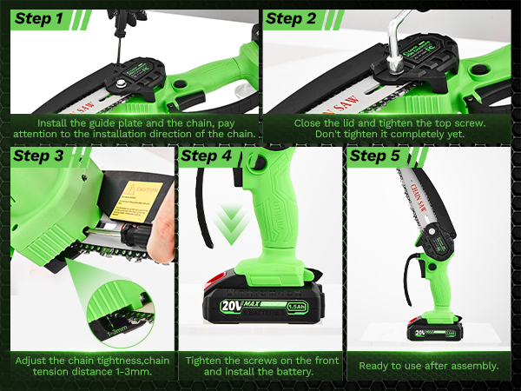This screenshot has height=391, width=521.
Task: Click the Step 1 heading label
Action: point(39,18)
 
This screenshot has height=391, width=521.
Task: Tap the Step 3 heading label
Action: point(39,157)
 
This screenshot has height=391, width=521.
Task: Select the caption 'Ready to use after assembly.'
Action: point(429,366)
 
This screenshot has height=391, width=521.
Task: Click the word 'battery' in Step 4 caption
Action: point(290,372)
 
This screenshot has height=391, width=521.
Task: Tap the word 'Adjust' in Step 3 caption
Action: point(31,359)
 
